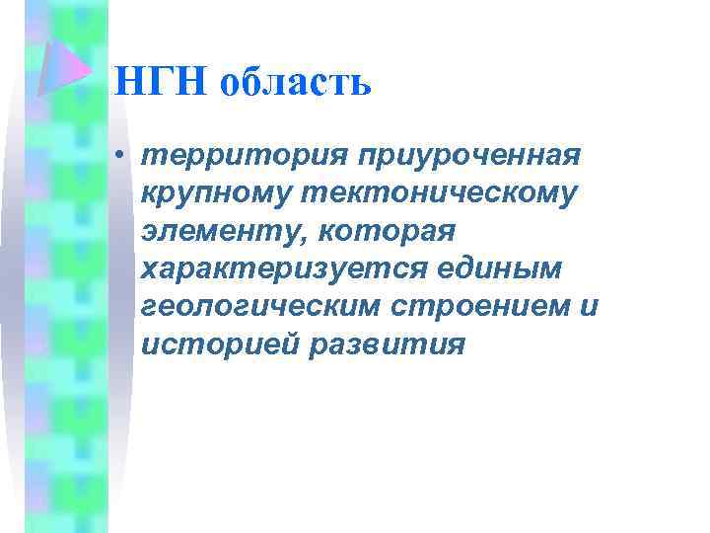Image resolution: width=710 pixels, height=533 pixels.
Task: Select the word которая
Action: (x=387, y=231)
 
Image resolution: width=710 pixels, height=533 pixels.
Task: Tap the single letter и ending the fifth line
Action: (x=589, y=306)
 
